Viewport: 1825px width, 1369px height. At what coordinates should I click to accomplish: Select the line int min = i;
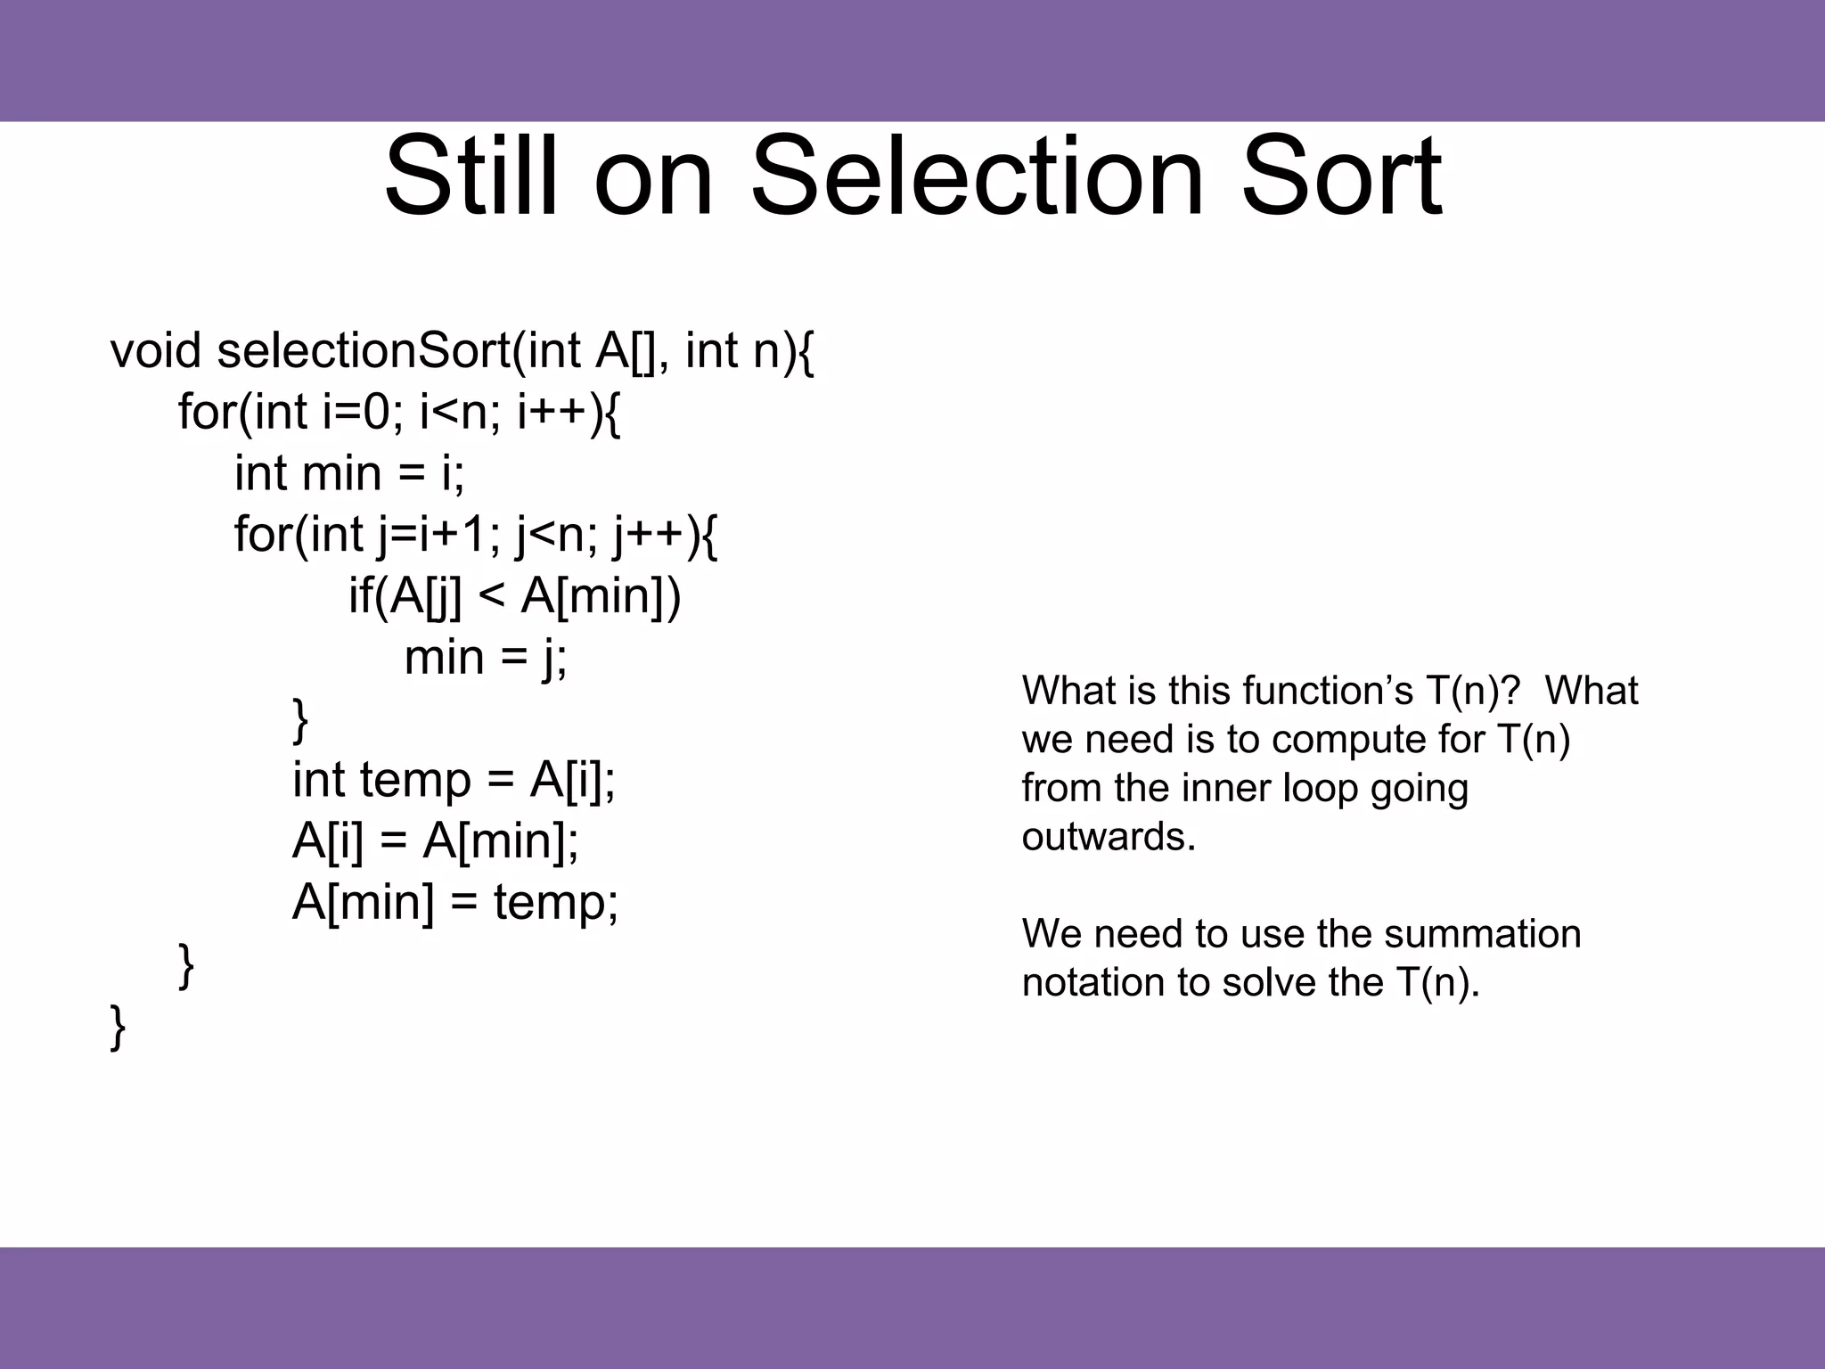click(349, 473)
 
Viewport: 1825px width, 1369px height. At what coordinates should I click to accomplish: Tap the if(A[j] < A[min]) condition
click(514, 595)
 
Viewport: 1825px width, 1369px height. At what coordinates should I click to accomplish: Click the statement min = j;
click(486, 658)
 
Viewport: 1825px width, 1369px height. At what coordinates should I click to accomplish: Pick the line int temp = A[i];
click(454, 780)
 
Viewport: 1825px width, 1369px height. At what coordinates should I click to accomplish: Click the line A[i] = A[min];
click(435, 840)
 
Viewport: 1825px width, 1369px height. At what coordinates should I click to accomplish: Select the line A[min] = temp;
click(454, 902)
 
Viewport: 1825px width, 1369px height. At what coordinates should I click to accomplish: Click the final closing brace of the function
click(118, 1027)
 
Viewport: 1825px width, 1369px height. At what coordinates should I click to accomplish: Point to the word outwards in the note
click(1109, 837)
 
